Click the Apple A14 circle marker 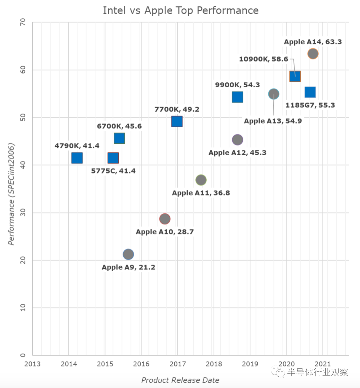point(313,54)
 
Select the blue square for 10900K point(295,76)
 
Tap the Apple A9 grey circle point(128,254)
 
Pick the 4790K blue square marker point(77,158)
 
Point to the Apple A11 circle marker point(201,180)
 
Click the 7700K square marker point(177,122)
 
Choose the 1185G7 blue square point(310,92)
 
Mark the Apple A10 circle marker point(165,219)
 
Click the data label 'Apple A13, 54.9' point(273,121)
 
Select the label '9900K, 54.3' point(237,85)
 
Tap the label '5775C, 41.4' point(113,171)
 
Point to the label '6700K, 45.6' point(119,126)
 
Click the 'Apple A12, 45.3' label point(237,153)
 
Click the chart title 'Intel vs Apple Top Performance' point(181,10)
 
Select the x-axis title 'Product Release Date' point(180,380)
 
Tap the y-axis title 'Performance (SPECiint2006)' point(11,194)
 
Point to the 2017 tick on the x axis point(177,364)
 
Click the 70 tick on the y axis point(23,23)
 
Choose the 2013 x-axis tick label point(32,364)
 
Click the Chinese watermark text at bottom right point(317,372)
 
